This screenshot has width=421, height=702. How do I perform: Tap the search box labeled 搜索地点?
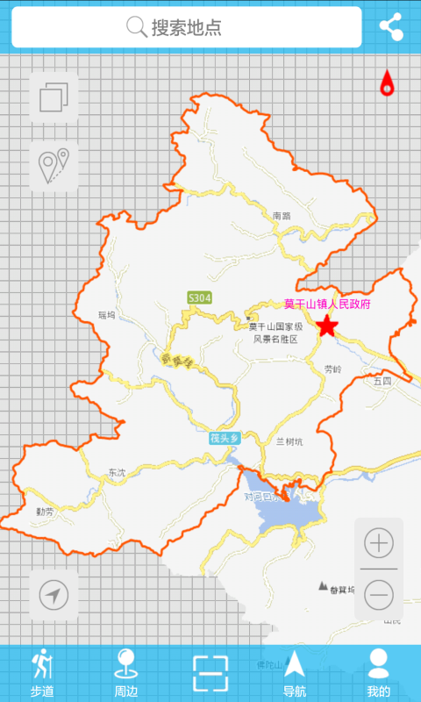click(186, 27)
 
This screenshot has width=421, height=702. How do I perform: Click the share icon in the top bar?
click(391, 26)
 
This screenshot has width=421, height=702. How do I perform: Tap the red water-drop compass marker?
click(387, 82)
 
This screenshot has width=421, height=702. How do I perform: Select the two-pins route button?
click(54, 166)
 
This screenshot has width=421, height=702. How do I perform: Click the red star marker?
click(327, 326)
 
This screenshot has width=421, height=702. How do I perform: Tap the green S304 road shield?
click(200, 298)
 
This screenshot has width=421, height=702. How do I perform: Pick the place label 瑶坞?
click(107, 314)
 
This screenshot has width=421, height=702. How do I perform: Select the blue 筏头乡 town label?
click(224, 437)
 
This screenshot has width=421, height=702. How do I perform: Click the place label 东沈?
click(117, 473)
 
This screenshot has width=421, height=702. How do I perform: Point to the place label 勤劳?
click(45, 511)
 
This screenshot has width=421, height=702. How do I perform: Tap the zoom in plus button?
click(379, 543)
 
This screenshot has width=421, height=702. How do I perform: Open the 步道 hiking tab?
click(42, 674)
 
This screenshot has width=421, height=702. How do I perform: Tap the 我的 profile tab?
click(378, 674)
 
